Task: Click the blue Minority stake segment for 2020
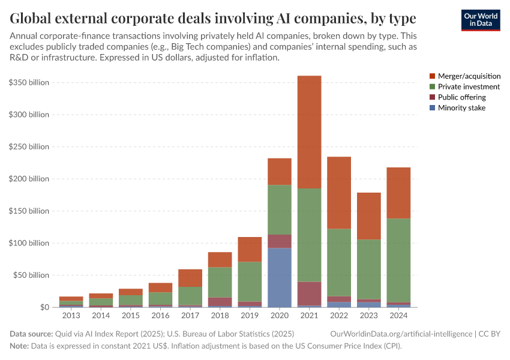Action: point(280,277)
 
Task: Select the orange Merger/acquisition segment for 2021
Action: point(309,132)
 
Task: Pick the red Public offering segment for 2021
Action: point(309,293)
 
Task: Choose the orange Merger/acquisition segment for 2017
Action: point(190,278)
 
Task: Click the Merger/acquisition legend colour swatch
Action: point(432,76)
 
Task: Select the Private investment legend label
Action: point(469,86)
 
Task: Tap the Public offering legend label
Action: point(461,97)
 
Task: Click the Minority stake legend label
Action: point(461,107)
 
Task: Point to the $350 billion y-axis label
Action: point(29,82)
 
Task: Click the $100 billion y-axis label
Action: point(29,243)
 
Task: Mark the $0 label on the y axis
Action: point(43,307)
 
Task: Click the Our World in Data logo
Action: point(480,20)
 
